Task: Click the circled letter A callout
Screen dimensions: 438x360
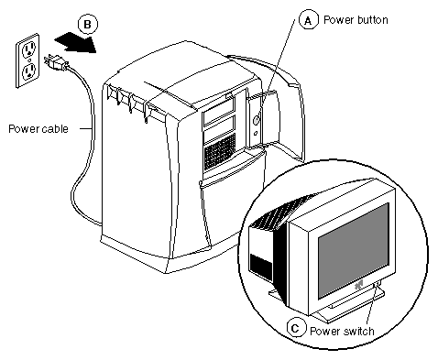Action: point(308,20)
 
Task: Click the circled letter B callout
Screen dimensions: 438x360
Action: point(88,24)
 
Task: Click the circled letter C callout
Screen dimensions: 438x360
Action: point(296,329)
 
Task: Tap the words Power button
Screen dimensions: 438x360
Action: point(356,20)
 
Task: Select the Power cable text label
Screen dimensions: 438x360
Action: point(38,128)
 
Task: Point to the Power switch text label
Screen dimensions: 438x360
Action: point(342,331)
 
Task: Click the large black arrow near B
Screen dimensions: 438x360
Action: point(75,42)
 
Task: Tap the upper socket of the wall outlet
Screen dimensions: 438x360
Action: point(29,49)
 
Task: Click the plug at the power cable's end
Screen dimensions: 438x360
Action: point(57,62)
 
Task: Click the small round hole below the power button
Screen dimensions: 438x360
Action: point(256,133)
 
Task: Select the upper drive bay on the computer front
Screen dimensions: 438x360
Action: point(218,113)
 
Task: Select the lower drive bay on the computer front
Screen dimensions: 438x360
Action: point(219,131)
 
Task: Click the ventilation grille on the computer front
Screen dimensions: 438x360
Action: point(220,152)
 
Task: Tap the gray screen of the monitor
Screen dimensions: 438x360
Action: point(354,250)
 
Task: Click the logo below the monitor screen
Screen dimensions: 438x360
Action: point(358,285)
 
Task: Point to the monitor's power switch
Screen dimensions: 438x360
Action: point(377,285)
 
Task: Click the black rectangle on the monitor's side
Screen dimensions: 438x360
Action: point(261,267)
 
